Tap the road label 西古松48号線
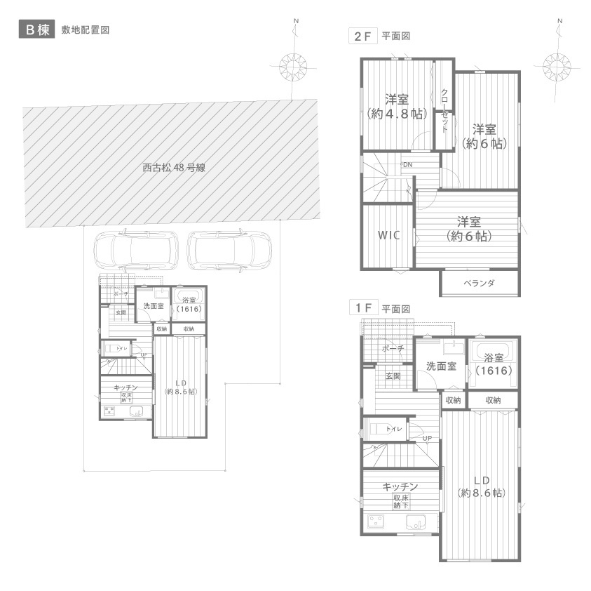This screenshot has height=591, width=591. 173,168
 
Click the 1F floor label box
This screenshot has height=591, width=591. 361,308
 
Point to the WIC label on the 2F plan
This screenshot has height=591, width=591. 388,235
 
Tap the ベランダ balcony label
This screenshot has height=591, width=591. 480,284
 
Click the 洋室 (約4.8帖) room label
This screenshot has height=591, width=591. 397,106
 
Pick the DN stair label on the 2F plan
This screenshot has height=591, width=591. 407,164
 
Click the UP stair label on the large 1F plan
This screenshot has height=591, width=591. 426,439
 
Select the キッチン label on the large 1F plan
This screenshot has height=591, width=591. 400,486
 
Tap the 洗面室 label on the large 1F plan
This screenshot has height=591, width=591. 442,366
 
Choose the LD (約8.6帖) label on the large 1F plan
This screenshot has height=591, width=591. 481,486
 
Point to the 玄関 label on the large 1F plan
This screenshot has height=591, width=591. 393,376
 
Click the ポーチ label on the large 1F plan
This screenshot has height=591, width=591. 393,348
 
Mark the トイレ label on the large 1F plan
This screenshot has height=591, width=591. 393,429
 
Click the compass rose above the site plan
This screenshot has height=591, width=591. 294,67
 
